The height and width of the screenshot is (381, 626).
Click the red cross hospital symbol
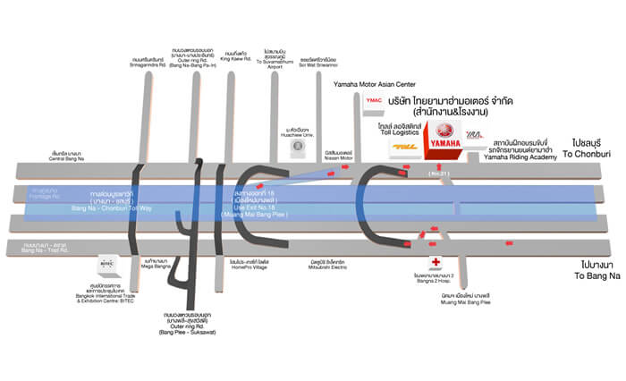coord(436,262)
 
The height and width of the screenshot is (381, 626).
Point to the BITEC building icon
coord(106,265)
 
